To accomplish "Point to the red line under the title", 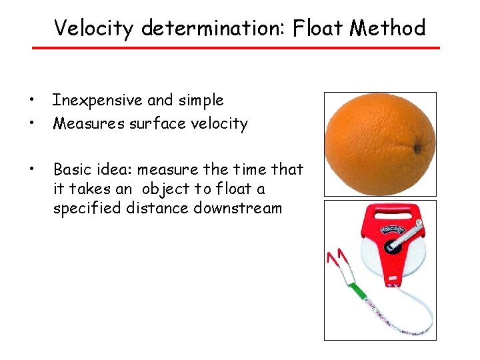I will [237, 48].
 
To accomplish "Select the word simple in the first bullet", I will [200, 101].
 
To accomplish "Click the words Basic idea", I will [93, 169].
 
